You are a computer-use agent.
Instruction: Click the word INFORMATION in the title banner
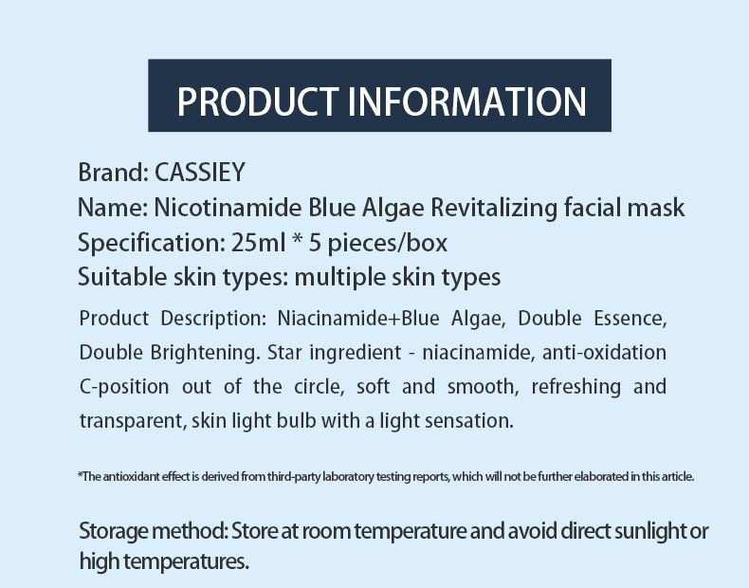click(x=466, y=101)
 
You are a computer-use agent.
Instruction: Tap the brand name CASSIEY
click(x=200, y=172)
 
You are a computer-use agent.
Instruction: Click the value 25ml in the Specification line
click(x=259, y=243)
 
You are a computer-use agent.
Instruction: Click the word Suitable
click(x=121, y=277)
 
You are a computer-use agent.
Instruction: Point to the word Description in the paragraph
click(x=213, y=319)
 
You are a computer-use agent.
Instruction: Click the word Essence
click(x=630, y=319)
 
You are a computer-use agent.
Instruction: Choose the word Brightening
click(x=205, y=354)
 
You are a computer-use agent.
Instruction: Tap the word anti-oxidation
click(x=604, y=353)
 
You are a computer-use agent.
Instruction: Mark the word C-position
click(x=124, y=387)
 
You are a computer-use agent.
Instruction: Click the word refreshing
click(x=576, y=387)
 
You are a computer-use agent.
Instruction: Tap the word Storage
click(x=113, y=532)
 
